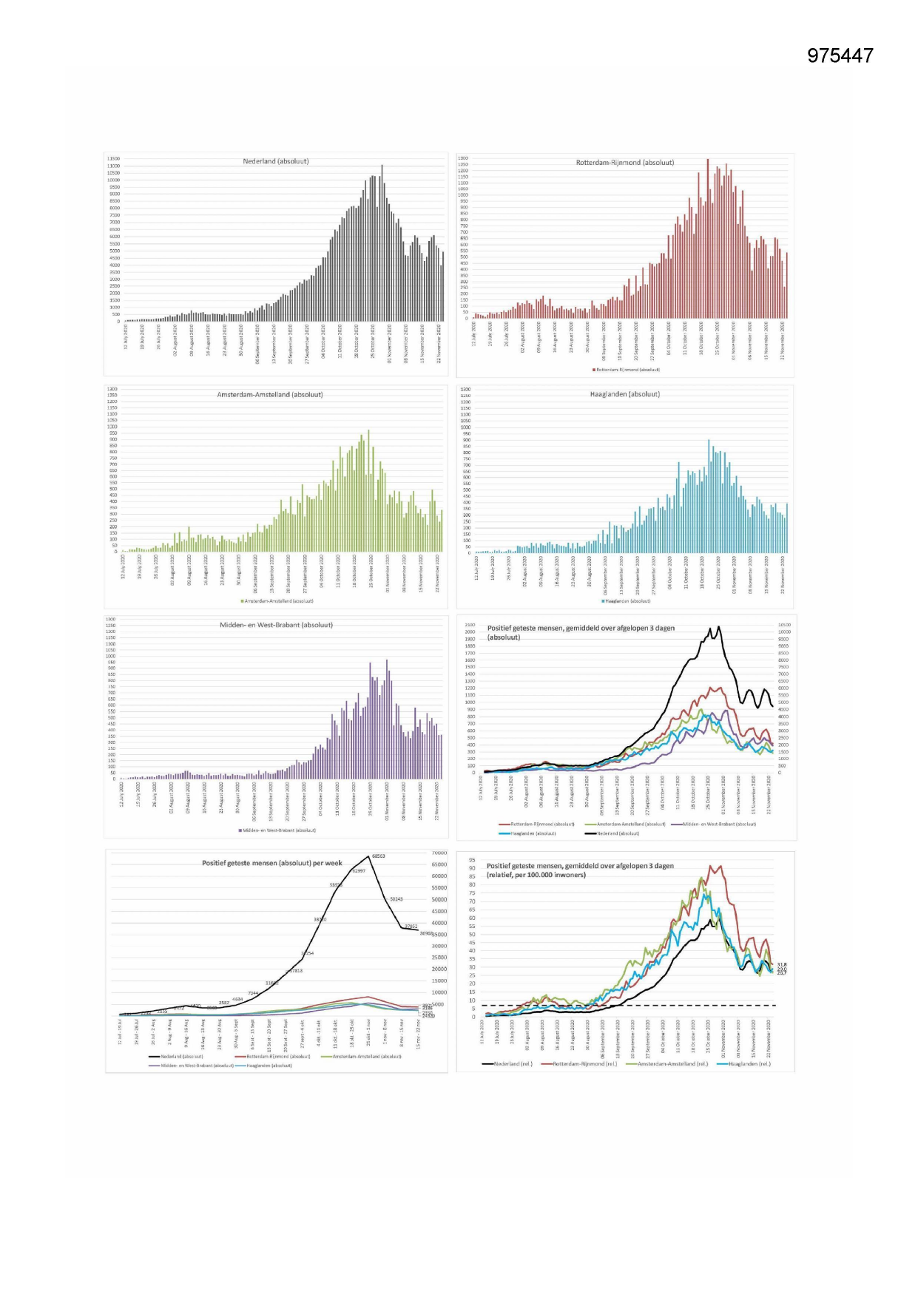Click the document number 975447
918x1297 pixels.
pyautogui.click(x=840, y=56)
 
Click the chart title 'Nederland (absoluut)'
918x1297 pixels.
pyautogui.click(x=276, y=161)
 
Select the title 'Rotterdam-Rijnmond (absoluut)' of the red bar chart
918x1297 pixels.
pyautogui.click(x=625, y=163)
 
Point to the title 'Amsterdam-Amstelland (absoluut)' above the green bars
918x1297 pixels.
pyautogui.click(x=269, y=395)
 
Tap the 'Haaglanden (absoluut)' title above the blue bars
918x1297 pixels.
pyautogui.click(x=625, y=395)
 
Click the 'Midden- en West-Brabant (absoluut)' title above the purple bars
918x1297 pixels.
pyautogui.click(x=276, y=625)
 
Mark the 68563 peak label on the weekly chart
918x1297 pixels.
pyautogui.click(x=378, y=856)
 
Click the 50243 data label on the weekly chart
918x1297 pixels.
pyautogui.click(x=396, y=899)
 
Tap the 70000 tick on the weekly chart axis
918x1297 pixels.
pyautogui.click(x=439, y=853)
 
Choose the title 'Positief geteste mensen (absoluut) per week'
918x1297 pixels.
pyautogui.click(x=272, y=863)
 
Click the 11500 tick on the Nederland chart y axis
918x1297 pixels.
pyautogui.click(x=112, y=158)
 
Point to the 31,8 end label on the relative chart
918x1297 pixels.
pyautogui.click(x=782, y=964)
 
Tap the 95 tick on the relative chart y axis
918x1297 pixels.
pyautogui.click(x=472, y=861)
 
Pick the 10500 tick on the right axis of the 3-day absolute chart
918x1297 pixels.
pyautogui.click(x=784, y=625)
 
